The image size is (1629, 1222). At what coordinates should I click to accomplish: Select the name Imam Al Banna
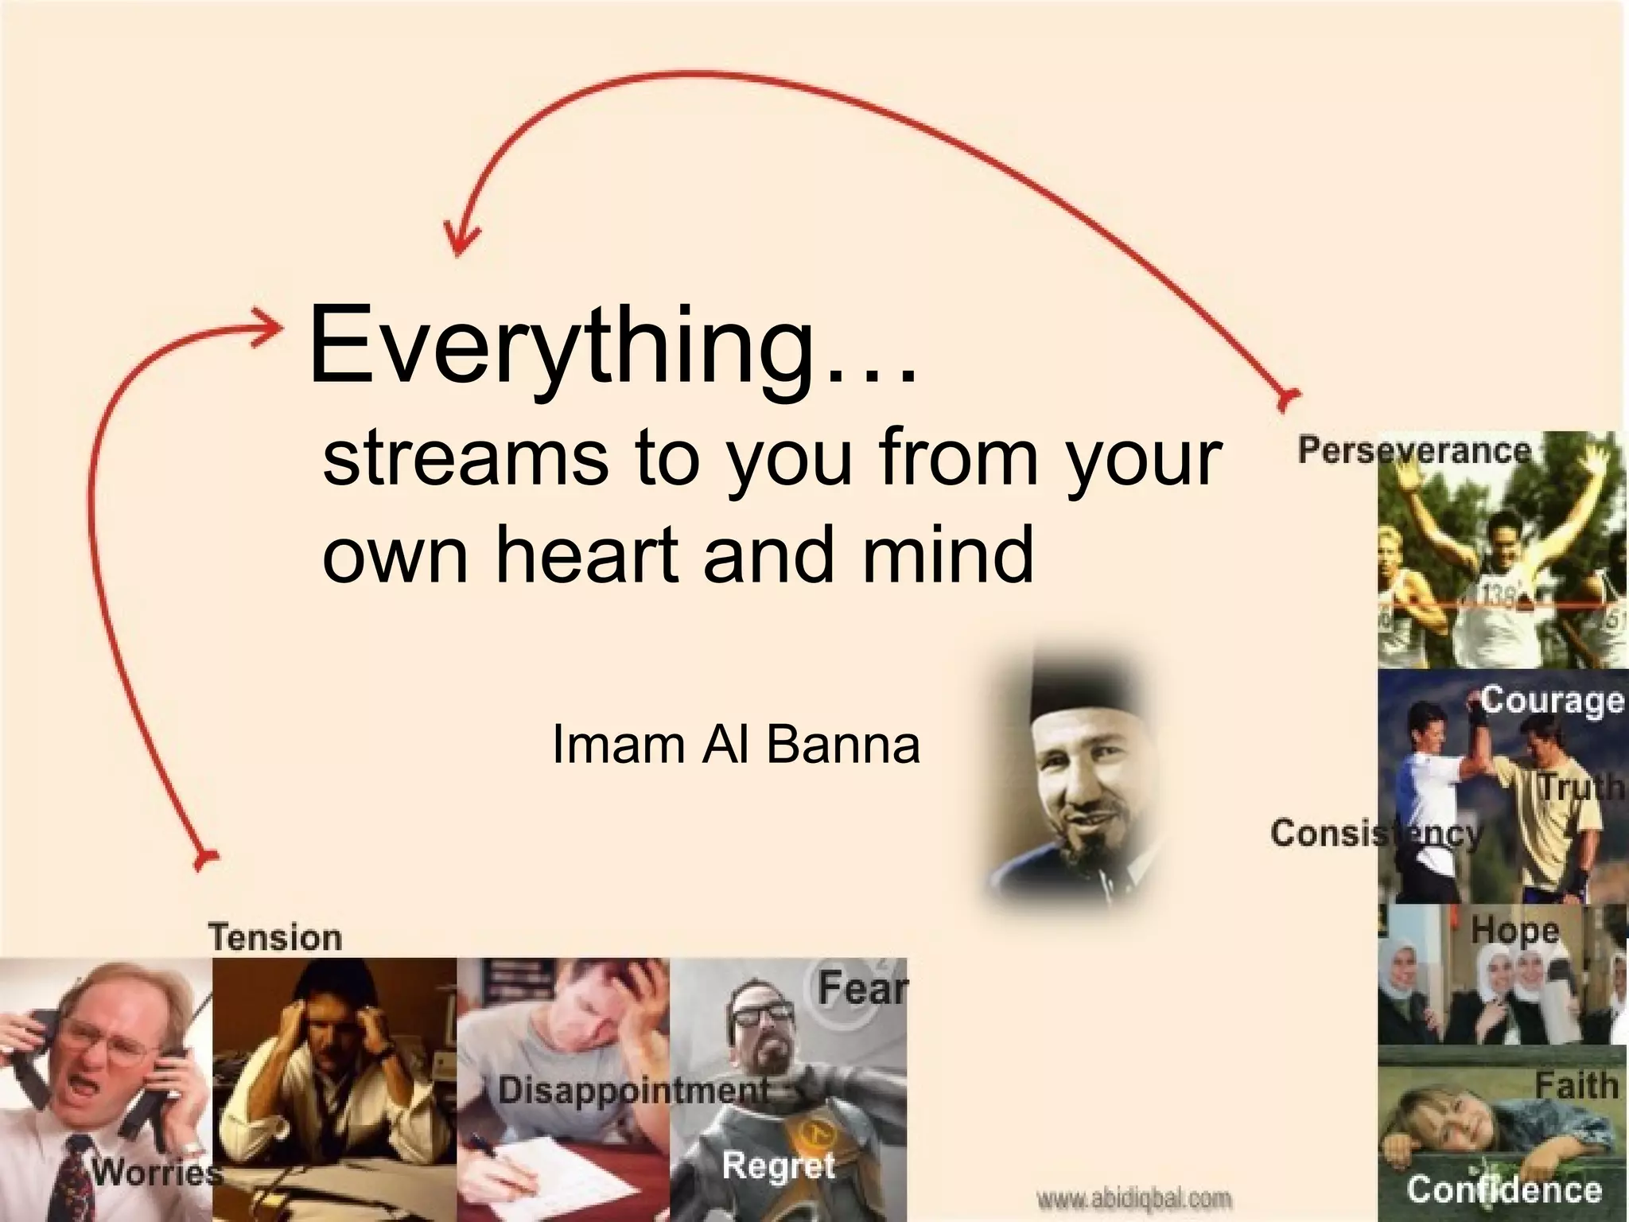736,745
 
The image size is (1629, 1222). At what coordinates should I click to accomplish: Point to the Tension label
275,937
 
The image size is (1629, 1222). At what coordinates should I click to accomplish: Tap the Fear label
862,989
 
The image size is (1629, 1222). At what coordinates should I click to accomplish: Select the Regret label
779,1166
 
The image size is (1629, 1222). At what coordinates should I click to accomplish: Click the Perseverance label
1414,450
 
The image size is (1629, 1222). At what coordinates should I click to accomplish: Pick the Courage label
1551,700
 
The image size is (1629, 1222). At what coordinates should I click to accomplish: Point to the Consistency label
1377,833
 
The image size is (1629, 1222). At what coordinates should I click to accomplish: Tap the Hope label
1514,929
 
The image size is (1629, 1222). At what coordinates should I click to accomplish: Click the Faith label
1577,1085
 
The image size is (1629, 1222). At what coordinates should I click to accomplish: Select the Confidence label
1503,1189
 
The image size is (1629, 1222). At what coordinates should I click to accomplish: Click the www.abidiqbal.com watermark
1134,1197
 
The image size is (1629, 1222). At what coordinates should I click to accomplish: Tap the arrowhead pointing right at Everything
270,327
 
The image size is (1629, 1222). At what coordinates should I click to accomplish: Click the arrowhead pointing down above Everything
458,239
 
